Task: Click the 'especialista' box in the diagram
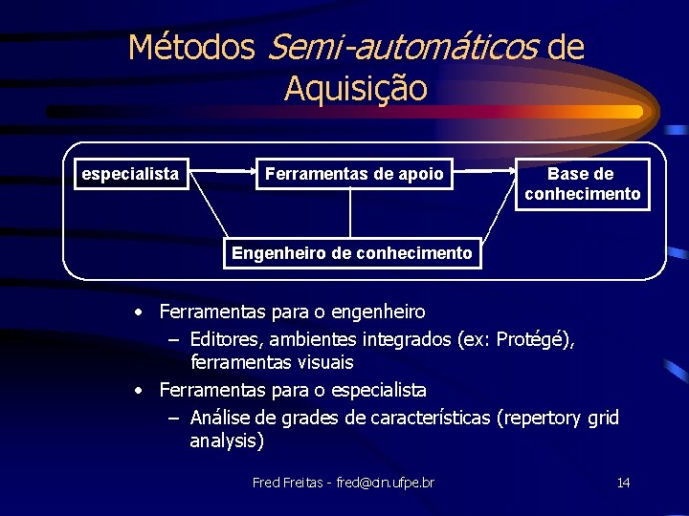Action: point(131,174)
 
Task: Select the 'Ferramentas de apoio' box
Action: point(354,174)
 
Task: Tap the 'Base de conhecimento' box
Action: point(582,183)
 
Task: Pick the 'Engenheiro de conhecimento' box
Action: point(352,253)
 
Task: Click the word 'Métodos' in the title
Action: point(191,46)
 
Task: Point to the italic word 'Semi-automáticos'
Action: point(402,46)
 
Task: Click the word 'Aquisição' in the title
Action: point(355,88)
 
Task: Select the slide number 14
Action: point(623,483)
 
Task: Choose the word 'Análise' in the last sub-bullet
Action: point(223,418)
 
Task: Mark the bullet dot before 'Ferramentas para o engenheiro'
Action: point(140,312)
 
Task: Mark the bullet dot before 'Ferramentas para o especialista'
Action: point(140,391)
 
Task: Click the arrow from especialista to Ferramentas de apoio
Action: point(223,171)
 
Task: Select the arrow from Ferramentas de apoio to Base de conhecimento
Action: point(484,171)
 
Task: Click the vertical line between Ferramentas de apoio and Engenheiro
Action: point(349,212)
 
